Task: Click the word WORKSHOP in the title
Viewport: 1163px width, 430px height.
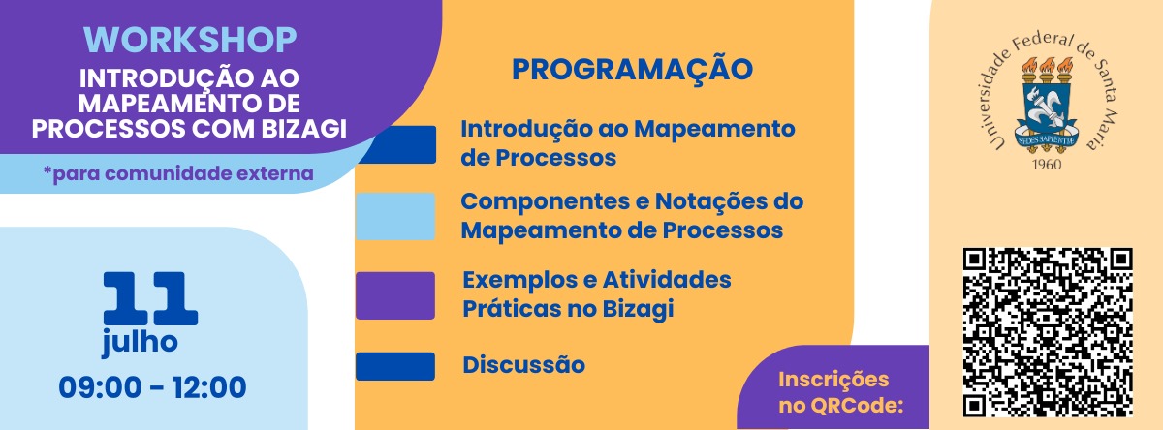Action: pyautogui.click(x=190, y=40)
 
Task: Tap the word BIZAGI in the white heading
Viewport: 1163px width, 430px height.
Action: pyautogui.click(x=303, y=128)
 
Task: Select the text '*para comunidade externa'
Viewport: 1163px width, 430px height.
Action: pyautogui.click(x=178, y=173)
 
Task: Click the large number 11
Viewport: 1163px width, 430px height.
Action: pyautogui.click(x=150, y=298)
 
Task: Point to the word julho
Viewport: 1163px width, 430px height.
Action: pyautogui.click(x=140, y=342)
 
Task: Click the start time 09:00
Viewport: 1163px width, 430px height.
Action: pyautogui.click(x=100, y=387)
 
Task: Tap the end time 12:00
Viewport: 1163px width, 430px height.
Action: pyautogui.click(x=209, y=387)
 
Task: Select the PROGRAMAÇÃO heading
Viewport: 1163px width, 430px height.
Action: pyautogui.click(x=632, y=69)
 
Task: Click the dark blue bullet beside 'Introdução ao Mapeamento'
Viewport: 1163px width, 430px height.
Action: pyautogui.click(x=397, y=144)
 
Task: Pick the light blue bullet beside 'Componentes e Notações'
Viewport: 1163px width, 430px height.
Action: pyautogui.click(x=395, y=216)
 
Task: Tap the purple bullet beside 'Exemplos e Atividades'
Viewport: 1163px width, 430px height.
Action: pyautogui.click(x=395, y=295)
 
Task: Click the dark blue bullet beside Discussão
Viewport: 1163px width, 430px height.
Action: pyautogui.click(x=395, y=366)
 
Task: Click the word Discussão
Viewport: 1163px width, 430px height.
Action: pyautogui.click(x=524, y=365)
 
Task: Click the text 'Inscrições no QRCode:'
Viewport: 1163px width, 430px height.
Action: pyautogui.click(x=840, y=392)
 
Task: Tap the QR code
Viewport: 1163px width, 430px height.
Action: pyautogui.click(x=1048, y=332)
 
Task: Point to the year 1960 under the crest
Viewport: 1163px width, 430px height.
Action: pyautogui.click(x=1047, y=165)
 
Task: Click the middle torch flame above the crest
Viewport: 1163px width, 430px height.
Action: pyautogui.click(x=1047, y=67)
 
